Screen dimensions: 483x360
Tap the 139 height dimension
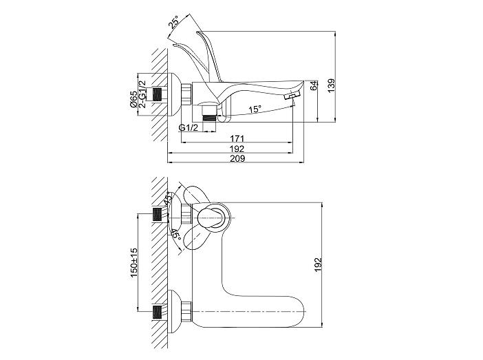tap(331, 85)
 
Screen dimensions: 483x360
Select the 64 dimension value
tap(314, 85)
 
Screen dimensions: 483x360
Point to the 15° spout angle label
tap(255, 109)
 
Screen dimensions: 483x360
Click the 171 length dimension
tap(237, 138)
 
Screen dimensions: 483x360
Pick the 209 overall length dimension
tap(237, 158)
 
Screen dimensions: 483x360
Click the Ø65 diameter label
tap(133, 99)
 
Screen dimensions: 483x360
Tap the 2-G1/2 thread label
tap(142, 94)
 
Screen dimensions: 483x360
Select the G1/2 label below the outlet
tap(189, 127)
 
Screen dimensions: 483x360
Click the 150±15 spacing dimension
tap(133, 263)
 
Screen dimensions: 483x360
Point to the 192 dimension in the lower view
tap(318, 264)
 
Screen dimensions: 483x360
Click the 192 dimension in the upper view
tap(237, 149)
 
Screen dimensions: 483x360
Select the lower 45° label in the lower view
tap(175, 234)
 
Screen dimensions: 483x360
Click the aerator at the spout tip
tap(292, 95)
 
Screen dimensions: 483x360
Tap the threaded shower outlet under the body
tap(208, 118)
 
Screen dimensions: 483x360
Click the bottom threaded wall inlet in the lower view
tap(158, 313)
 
